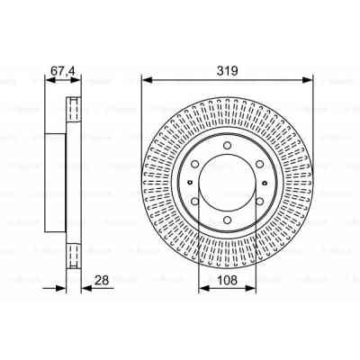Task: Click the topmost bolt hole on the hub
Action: [x=226, y=145]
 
